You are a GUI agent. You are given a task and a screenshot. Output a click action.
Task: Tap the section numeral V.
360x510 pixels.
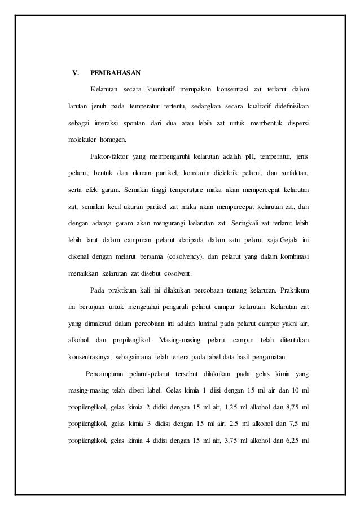click(72, 73)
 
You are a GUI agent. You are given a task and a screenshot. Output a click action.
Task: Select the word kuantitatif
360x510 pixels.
click(161, 89)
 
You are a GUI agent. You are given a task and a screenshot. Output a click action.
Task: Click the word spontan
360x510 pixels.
click(130, 123)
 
